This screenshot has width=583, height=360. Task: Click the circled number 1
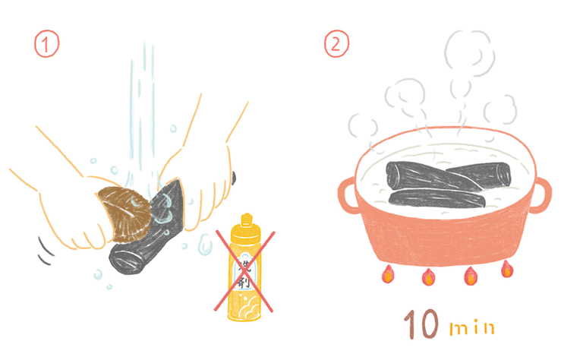pyautogui.click(x=46, y=44)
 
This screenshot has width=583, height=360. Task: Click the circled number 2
pyautogui.click(x=336, y=44)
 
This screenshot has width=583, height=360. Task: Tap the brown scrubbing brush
pyautogui.click(x=124, y=213)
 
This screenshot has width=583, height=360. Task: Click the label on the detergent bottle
pyautogui.click(x=245, y=270)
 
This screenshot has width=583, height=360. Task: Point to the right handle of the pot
pyautogui.click(x=541, y=195)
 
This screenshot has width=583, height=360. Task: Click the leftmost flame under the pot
pyautogui.click(x=388, y=274)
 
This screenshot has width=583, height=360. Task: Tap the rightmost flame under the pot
pyautogui.click(x=506, y=269)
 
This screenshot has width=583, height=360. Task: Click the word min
pyautogui.click(x=472, y=328)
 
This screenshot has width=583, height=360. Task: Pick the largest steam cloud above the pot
pyautogui.click(x=469, y=53)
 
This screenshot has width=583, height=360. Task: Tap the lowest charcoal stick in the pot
pyautogui.click(x=437, y=198)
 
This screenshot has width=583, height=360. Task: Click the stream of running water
pyautogui.click(x=143, y=115)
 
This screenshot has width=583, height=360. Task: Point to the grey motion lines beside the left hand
pyautogui.click(x=46, y=250)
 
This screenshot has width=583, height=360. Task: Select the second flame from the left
pyautogui.click(x=428, y=277)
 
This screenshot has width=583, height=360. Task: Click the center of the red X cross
pyautogui.click(x=244, y=270)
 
